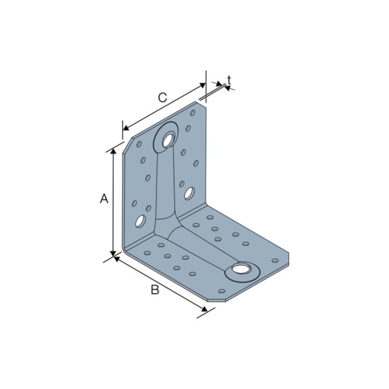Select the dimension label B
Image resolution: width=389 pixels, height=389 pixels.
click(154, 290)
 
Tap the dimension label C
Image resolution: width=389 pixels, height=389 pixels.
click(162, 98)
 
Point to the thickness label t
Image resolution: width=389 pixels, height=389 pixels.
click(230, 80)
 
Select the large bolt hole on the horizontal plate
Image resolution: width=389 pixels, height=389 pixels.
click(241, 270)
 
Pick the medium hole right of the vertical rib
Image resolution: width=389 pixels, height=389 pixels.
click(189, 193)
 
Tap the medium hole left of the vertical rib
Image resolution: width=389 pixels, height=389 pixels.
click(140, 222)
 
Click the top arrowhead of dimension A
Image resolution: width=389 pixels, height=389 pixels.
click(114, 151)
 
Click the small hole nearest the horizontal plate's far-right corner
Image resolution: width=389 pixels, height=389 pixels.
click(274, 261)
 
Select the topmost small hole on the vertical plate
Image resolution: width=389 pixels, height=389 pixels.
click(193, 113)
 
